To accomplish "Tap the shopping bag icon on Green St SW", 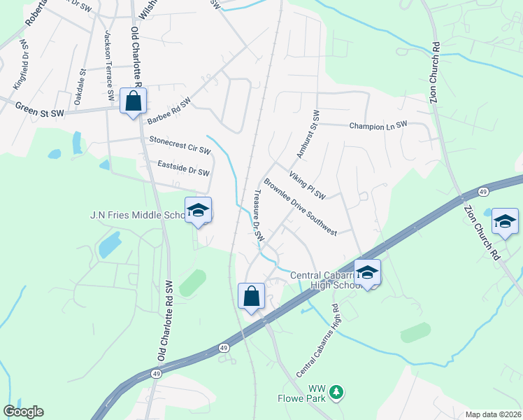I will point(133,102).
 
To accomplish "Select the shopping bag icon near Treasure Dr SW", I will point(251,296).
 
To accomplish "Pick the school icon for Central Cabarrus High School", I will point(367,273).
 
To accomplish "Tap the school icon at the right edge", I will point(505,223).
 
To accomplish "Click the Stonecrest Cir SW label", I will point(180,148).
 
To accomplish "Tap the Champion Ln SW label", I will point(378,125).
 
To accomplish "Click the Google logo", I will point(23,412).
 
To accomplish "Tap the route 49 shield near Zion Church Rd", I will point(482,192).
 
